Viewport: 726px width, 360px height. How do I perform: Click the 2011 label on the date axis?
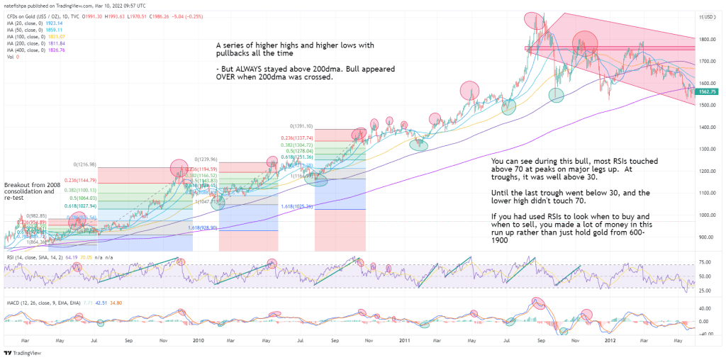pyautogui.click(x=404, y=339)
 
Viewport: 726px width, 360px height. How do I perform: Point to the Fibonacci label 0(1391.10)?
pyautogui.click(x=298, y=126)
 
